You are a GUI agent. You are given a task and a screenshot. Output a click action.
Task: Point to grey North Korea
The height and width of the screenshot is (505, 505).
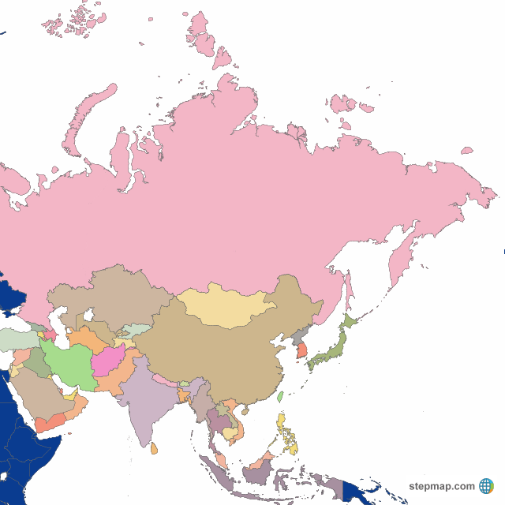(x=298, y=339)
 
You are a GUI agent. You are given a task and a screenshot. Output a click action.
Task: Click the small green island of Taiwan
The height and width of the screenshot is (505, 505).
(x=280, y=397)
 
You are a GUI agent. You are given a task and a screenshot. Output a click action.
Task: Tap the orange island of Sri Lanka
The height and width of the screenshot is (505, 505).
(x=155, y=449)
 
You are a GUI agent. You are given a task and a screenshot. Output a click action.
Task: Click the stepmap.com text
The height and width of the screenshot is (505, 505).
(x=442, y=486)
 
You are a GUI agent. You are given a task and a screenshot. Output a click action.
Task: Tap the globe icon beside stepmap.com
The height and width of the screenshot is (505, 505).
(x=486, y=486)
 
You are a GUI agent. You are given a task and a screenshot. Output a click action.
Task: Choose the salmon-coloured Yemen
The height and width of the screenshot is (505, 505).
(x=49, y=423)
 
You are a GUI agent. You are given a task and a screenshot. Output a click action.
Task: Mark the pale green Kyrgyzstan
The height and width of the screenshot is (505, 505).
(x=136, y=331)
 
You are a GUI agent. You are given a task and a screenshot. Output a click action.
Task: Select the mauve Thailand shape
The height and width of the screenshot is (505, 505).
(x=215, y=420)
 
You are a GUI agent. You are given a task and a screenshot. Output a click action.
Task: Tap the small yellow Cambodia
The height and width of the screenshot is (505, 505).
(x=230, y=432)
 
